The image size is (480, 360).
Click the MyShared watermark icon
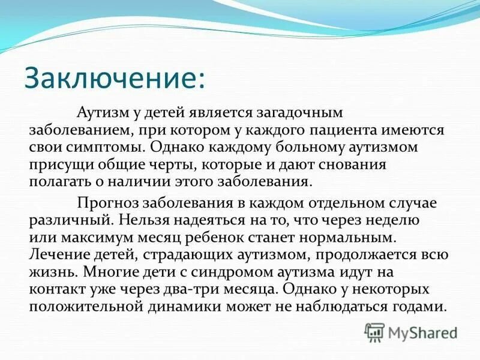(x=374, y=332)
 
